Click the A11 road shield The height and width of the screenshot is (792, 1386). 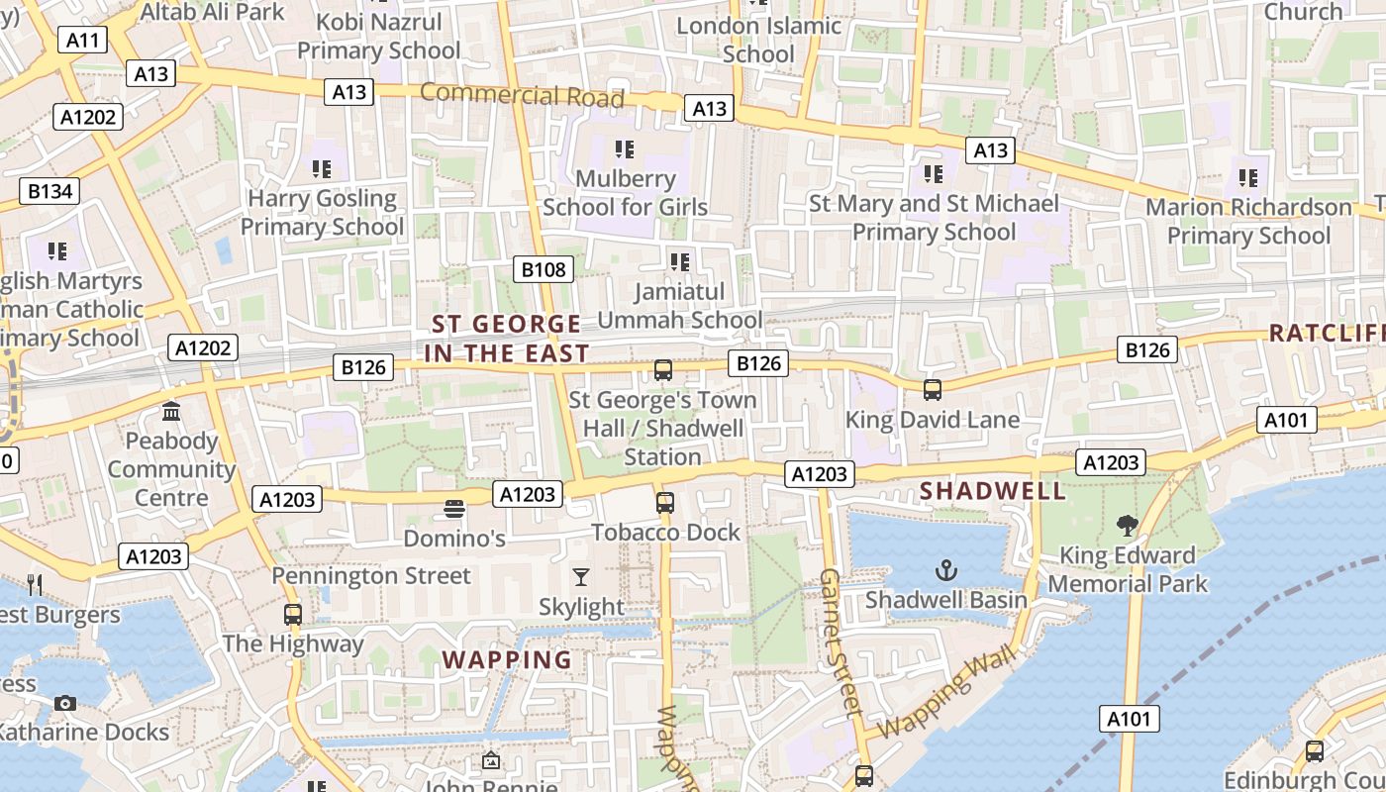tap(82, 40)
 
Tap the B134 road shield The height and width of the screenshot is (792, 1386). tap(49, 191)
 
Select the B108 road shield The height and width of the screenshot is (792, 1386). tap(544, 269)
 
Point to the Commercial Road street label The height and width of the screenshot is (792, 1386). tap(522, 95)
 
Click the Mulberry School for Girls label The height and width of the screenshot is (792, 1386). tap(625, 193)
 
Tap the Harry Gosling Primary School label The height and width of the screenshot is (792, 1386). tap(322, 213)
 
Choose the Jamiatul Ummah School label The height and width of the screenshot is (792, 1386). tap(680, 306)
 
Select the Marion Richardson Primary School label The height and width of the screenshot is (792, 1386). tap(1248, 221)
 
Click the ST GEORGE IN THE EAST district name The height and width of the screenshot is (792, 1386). tap(507, 339)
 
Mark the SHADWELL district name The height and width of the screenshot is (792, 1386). tap(993, 491)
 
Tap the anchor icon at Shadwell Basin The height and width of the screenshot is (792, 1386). tap(947, 570)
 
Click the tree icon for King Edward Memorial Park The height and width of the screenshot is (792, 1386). tap(1127, 526)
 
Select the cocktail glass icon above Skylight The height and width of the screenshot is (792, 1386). tap(581, 576)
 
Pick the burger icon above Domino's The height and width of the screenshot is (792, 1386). tap(454, 510)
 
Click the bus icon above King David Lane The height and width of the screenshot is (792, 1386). tap(933, 390)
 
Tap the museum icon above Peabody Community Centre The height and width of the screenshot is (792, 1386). tap(171, 411)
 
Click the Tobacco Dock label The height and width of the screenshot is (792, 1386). tap(665, 533)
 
